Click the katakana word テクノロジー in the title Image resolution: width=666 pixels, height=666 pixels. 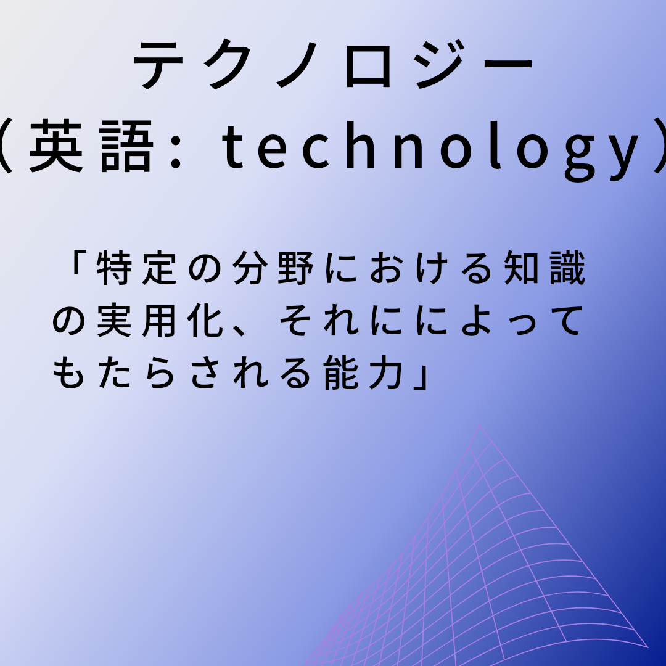click(333, 65)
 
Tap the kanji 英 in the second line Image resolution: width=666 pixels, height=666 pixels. click(56, 146)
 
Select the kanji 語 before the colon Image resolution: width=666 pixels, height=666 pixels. click(126, 146)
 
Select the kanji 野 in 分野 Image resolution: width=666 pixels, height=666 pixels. click(295, 268)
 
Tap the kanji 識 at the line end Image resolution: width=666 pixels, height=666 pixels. click(567, 268)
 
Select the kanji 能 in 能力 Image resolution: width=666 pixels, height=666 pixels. click(340, 373)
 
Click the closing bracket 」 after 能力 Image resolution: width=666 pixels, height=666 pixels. click(421, 378)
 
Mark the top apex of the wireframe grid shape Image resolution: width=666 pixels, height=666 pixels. click(480, 424)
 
